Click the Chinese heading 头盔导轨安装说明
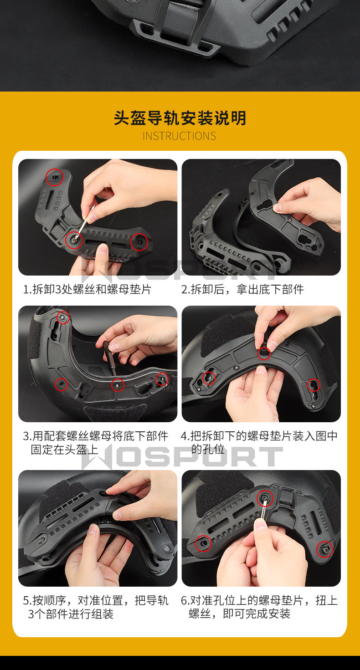tap(180, 118)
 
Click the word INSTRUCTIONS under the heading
tap(179, 136)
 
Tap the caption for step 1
tap(87, 289)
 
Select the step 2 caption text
tap(242, 289)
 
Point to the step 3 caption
tap(95, 443)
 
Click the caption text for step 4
tap(259, 443)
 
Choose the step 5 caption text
tap(95, 607)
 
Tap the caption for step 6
tap(259, 607)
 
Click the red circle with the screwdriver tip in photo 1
tap(74, 240)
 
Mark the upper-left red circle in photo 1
tap(55, 177)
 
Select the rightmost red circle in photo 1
tap(139, 242)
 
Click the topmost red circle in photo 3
tap(63, 317)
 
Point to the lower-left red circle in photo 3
tap(62, 384)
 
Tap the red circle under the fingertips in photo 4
tap(264, 354)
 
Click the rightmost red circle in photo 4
tap(314, 385)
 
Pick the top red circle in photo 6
tap(265, 498)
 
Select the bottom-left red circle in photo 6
tap(203, 543)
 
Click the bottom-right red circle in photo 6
tap(325, 549)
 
